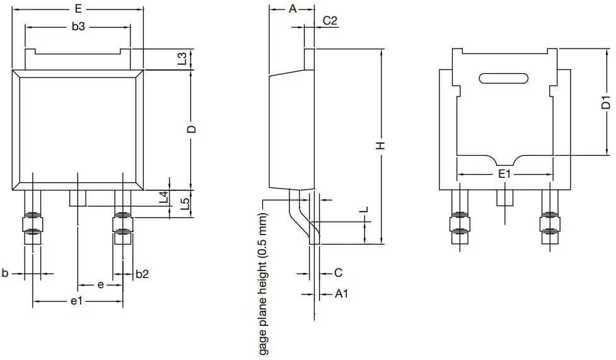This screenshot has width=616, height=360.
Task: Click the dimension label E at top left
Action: point(78,9)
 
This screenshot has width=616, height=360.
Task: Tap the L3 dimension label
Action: point(182,59)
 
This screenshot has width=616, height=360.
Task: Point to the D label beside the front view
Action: point(192,129)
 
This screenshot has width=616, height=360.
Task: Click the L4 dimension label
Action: point(163,197)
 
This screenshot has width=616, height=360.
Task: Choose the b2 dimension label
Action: point(142,274)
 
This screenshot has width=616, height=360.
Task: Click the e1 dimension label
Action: point(77,302)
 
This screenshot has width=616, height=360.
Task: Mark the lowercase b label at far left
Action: point(5,274)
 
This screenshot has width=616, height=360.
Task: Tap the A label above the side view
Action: point(292,9)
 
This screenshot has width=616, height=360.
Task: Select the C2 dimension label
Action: point(330,20)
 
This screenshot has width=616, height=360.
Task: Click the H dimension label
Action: point(380,146)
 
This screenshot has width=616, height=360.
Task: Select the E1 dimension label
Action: point(504,174)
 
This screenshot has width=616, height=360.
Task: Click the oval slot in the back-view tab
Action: point(504,78)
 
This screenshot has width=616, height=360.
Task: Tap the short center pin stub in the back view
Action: point(504,198)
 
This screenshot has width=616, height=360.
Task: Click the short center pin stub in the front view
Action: point(77,199)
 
